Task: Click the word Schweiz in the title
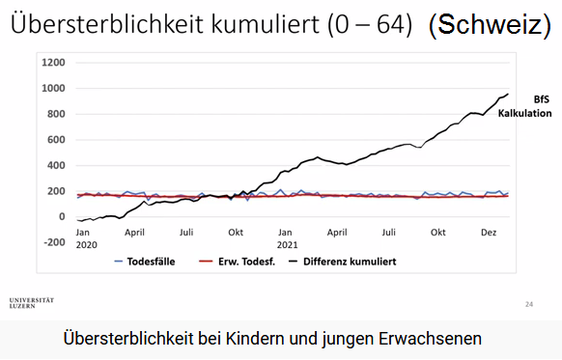(x=491, y=25)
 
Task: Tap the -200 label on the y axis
(x=52, y=242)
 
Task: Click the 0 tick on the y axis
(x=61, y=217)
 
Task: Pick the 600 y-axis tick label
(x=55, y=140)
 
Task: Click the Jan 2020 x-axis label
(x=84, y=238)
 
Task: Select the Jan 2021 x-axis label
(x=286, y=238)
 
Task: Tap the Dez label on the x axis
(x=490, y=233)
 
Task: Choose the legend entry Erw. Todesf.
(x=236, y=261)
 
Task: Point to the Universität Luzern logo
(x=31, y=303)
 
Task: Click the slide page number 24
(x=528, y=304)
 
